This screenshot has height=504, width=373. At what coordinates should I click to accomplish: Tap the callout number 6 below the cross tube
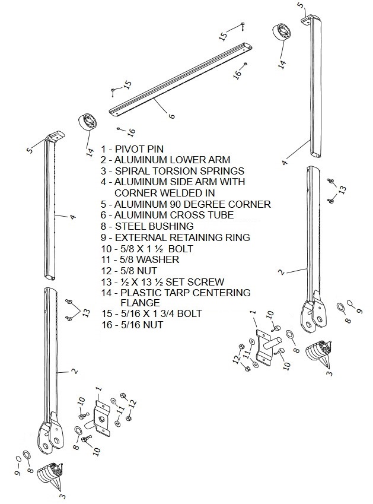coord(172,115)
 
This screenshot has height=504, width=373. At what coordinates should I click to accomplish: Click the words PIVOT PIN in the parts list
coord(139,149)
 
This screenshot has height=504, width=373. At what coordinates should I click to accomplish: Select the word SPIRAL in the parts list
coord(130,171)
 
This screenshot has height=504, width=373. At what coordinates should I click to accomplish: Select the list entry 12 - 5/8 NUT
coord(129,271)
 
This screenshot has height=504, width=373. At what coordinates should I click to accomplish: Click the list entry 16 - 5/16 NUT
coord(132,325)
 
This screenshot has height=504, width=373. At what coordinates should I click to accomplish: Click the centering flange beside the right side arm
coord(282,32)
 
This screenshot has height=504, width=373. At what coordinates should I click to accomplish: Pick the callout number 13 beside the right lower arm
coord(343,190)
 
